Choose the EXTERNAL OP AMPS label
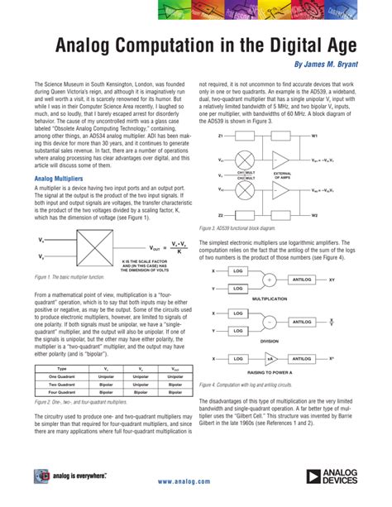pyautogui.click(x=296, y=175)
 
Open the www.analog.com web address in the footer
pyautogui.click(x=195, y=481)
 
